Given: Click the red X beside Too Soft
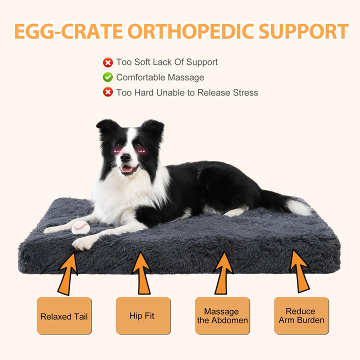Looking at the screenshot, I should click(107, 62).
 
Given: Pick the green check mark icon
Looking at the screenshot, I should click(107, 77).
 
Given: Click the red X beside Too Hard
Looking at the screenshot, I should click(107, 92).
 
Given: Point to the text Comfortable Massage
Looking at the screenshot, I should click(160, 77).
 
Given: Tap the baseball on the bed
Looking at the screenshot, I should click(80, 227).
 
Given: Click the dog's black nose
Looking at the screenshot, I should click(125, 157).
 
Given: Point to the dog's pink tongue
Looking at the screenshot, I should click(127, 169).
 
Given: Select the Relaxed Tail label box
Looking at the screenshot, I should click(64, 316).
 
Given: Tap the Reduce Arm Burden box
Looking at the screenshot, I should click(301, 316).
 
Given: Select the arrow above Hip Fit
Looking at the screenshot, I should click(142, 273).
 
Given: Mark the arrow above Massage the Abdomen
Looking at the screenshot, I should click(222, 273).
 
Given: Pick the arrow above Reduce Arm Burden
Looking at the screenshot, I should click(300, 271).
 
